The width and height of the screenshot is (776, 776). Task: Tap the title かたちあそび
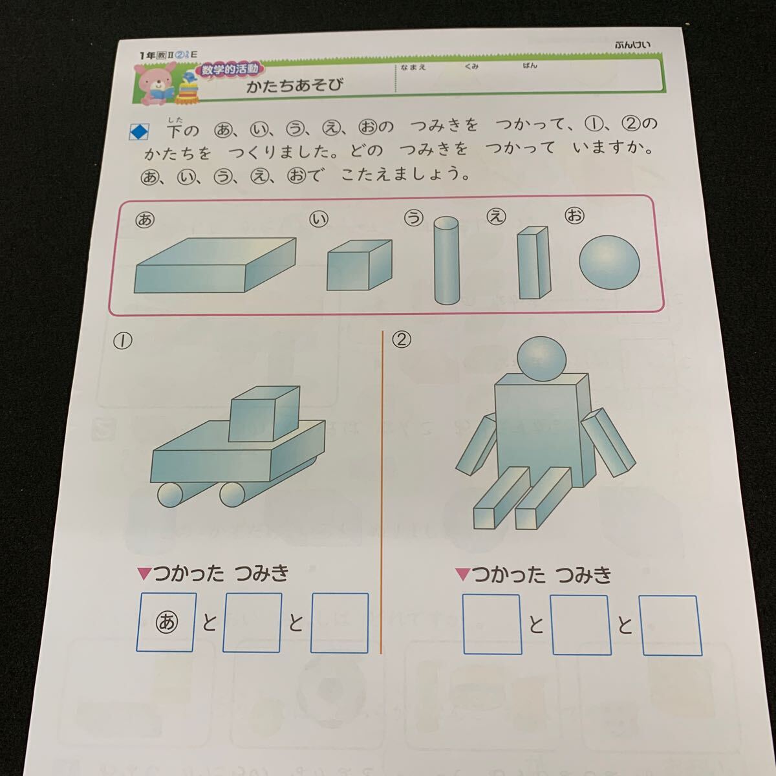click(294, 85)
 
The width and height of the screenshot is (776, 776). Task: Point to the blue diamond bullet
click(139, 132)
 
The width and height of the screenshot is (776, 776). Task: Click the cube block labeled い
click(358, 265)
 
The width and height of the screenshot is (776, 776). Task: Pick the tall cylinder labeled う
click(445, 260)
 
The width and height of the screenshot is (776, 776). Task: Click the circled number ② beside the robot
click(402, 339)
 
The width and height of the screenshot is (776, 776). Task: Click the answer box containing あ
click(166, 622)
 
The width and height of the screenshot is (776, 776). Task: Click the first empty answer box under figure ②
click(492, 624)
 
